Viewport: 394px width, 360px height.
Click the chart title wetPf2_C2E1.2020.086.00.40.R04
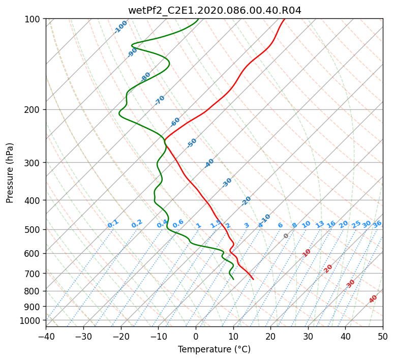215,11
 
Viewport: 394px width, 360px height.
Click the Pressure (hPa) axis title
10,173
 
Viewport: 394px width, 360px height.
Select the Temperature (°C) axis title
215,349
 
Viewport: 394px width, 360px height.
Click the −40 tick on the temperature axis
46,336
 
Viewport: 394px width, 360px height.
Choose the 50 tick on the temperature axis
383,336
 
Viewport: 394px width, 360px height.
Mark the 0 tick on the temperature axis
196,336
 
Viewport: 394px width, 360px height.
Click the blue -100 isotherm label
120,27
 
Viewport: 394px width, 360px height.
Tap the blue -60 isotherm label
175,122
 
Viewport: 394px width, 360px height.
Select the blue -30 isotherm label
227,183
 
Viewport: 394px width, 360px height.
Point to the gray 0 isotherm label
286,236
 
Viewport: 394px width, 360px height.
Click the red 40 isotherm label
373,299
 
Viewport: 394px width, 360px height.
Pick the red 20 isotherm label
328,269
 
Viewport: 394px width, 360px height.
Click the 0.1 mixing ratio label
113,224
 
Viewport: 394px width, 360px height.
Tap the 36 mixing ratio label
377,224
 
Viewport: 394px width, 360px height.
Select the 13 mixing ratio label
320,224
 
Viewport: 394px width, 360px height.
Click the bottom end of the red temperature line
253,279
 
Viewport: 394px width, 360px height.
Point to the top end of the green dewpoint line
198,19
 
